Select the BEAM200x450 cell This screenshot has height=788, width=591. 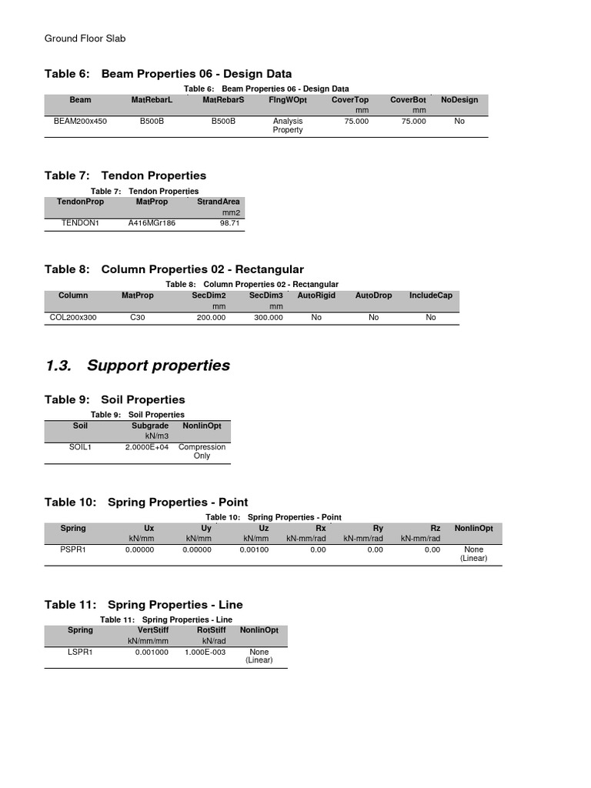tap(80, 122)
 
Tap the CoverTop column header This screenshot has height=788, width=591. tap(350, 100)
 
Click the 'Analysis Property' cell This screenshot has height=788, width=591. tap(288, 125)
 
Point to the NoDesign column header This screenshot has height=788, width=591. tap(459, 100)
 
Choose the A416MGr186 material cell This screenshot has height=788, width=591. tap(152, 222)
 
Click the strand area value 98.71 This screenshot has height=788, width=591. tap(230, 222)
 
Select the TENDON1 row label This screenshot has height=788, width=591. tap(80, 222)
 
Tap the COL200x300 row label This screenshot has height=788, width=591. tap(73, 317)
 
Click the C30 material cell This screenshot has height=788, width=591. tap(138, 317)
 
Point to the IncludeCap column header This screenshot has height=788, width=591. tap(431, 295)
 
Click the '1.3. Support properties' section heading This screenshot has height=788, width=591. tap(138, 366)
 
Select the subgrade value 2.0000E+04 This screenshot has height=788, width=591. tap(145, 447)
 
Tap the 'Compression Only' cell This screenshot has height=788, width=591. tap(202, 452)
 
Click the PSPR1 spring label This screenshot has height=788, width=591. tap(73, 550)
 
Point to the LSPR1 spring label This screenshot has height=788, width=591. tap(80, 652)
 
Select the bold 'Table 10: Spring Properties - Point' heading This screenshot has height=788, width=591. tap(146, 503)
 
